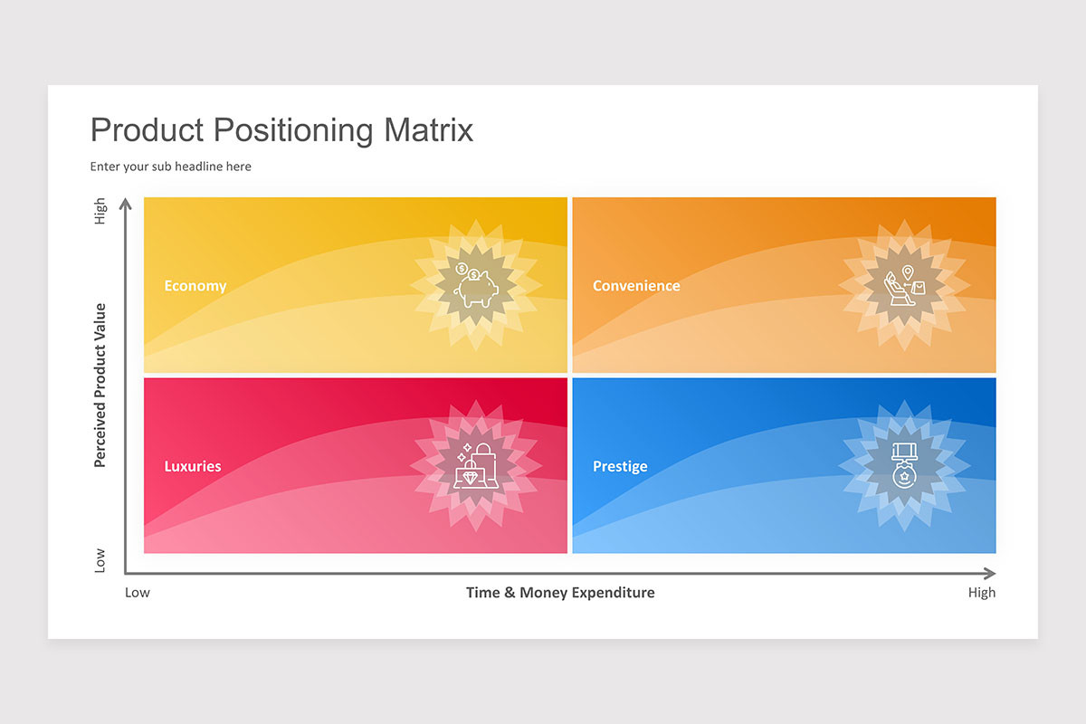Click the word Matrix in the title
428,129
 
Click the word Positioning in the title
293,130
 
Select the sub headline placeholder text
171,167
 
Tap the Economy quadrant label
195,286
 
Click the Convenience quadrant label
636,286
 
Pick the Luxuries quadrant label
193,466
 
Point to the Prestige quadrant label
620,466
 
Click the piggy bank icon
476,285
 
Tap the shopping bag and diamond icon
476,465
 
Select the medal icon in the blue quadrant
904,465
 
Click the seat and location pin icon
904,285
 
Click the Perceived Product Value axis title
100,386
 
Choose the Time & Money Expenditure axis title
560,593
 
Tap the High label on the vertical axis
100,211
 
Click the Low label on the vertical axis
100,560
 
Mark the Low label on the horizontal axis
138,593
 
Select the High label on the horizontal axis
982,593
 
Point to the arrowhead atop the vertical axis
126,204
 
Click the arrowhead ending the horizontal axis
990,574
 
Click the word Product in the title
147,129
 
